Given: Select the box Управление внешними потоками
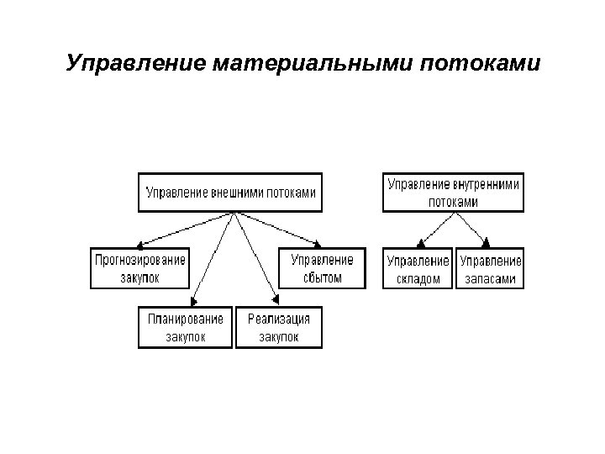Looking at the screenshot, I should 230,192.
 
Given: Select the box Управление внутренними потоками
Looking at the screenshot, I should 454,192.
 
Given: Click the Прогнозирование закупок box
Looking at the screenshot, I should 140,267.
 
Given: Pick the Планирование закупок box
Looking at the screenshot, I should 185,328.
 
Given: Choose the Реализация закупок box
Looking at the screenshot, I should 278,328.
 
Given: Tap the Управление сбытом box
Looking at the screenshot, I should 322,267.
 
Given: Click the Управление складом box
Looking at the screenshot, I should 418,267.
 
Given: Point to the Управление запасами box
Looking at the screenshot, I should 490,267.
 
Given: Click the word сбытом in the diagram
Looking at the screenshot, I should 322,277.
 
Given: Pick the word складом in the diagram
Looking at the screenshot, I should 418,278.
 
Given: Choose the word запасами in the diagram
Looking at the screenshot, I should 490,278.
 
